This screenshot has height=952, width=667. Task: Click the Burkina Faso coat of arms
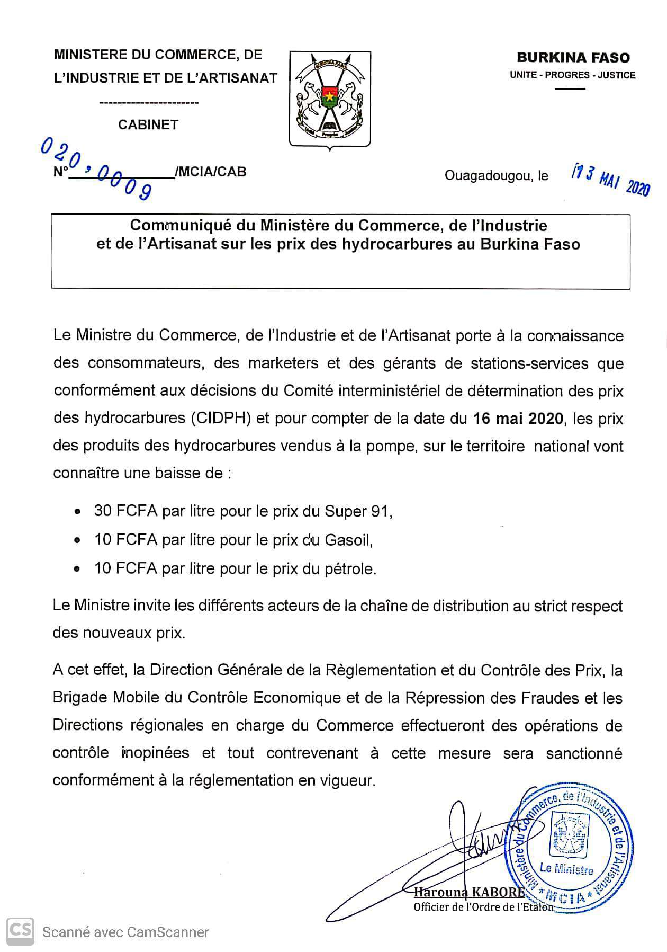330,99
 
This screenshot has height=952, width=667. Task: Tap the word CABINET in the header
148,124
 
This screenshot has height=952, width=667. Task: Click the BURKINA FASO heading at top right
573,58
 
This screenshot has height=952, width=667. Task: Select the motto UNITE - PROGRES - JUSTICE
573,75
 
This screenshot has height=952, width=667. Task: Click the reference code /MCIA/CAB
210,172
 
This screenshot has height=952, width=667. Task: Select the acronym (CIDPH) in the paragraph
222,419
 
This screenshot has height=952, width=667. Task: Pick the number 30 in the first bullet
103,511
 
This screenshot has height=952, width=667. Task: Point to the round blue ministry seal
569,849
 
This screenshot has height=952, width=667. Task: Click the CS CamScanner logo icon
20,931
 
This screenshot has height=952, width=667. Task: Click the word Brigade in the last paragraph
80,698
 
